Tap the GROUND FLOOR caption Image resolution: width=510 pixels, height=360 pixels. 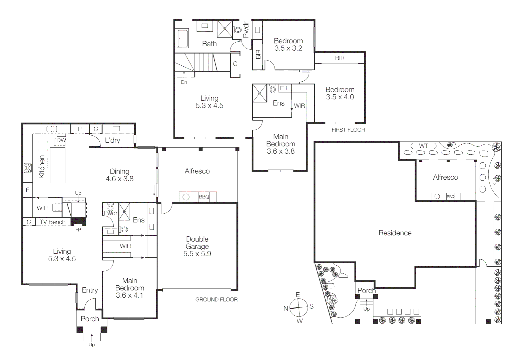216,300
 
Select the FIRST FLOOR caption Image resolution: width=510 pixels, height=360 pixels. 348,130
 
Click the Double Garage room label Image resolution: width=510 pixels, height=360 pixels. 197,246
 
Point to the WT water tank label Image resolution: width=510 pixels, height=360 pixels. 423,146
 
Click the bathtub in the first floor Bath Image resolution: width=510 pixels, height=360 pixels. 183,39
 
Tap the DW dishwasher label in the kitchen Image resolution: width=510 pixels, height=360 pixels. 61,140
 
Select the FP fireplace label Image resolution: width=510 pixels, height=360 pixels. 78,230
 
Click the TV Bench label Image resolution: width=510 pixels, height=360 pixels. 52,222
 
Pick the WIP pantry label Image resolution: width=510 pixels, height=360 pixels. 42,208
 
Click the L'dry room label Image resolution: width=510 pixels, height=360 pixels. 112,140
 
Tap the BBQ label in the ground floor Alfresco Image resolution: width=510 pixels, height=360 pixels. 204,197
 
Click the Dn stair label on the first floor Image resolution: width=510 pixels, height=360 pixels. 184,82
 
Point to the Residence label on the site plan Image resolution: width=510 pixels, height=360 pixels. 395,233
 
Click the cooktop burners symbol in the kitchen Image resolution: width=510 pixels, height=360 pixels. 27,168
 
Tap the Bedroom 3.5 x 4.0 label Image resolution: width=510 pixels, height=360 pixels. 340,93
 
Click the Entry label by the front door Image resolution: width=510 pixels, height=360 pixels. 90,290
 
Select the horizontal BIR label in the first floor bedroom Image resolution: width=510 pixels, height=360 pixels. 340,58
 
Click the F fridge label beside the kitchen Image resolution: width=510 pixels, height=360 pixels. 27,190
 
